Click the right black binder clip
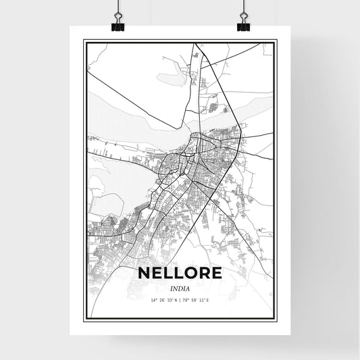coord(243,25)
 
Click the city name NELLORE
coord(180,273)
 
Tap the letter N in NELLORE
coord(143,273)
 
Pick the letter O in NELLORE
coord(191,273)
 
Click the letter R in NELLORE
coord(205,273)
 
